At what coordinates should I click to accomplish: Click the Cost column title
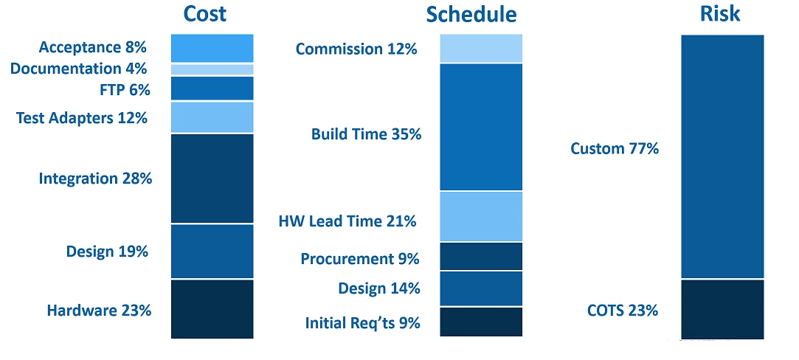click(x=205, y=14)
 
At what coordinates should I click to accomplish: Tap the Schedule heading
click(x=471, y=15)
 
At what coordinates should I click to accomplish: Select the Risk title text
click(x=720, y=14)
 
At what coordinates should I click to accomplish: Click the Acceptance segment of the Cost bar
click(x=212, y=49)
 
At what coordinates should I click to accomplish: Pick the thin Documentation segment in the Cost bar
click(x=212, y=69)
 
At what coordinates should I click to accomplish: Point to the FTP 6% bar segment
click(x=212, y=88)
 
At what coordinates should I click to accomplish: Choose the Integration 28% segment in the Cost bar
click(x=212, y=179)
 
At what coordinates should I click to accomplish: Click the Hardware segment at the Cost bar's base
click(x=212, y=309)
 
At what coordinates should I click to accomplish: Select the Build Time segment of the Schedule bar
click(x=481, y=127)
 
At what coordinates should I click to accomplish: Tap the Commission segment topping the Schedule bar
click(x=481, y=49)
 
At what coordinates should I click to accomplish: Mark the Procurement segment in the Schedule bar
click(x=481, y=256)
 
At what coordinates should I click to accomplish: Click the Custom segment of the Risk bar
click(x=722, y=156)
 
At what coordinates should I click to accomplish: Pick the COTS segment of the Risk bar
click(x=722, y=309)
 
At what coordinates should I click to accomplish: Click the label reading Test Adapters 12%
click(x=82, y=118)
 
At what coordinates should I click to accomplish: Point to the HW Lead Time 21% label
click(x=347, y=221)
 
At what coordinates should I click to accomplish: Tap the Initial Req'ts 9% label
click(x=362, y=323)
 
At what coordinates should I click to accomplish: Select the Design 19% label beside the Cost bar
click(x=107, y=252)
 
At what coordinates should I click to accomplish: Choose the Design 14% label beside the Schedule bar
click(x=379, y=288)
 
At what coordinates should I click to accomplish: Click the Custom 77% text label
click(x=615, y=149)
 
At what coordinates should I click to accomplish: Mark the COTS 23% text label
click(x=622, y=311)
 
